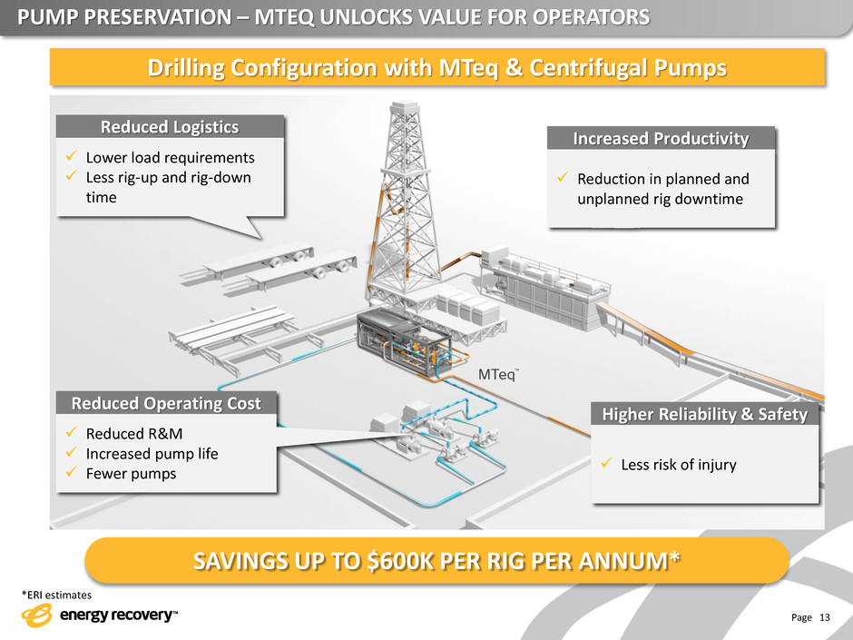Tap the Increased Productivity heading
pyautogui.click(x=662, y=139)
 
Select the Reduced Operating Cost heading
pyautogui.click(x=166, y=404)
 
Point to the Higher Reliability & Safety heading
pyautogui.click(x=705, y=415)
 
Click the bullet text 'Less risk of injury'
pyautogui.click(x=679, y=466)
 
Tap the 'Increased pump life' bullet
pyautogui.click(x=152, y=452)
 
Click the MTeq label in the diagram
pyautogui.click(x=498, y=375)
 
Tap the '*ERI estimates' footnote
pyautogui.click(x=55, y=595)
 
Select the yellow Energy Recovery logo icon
pyautogui.click(x=37, y=615)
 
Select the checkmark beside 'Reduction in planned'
pyautogui.click(x=562, y=178)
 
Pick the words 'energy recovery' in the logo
pyautogui.click(x=116, y=616)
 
